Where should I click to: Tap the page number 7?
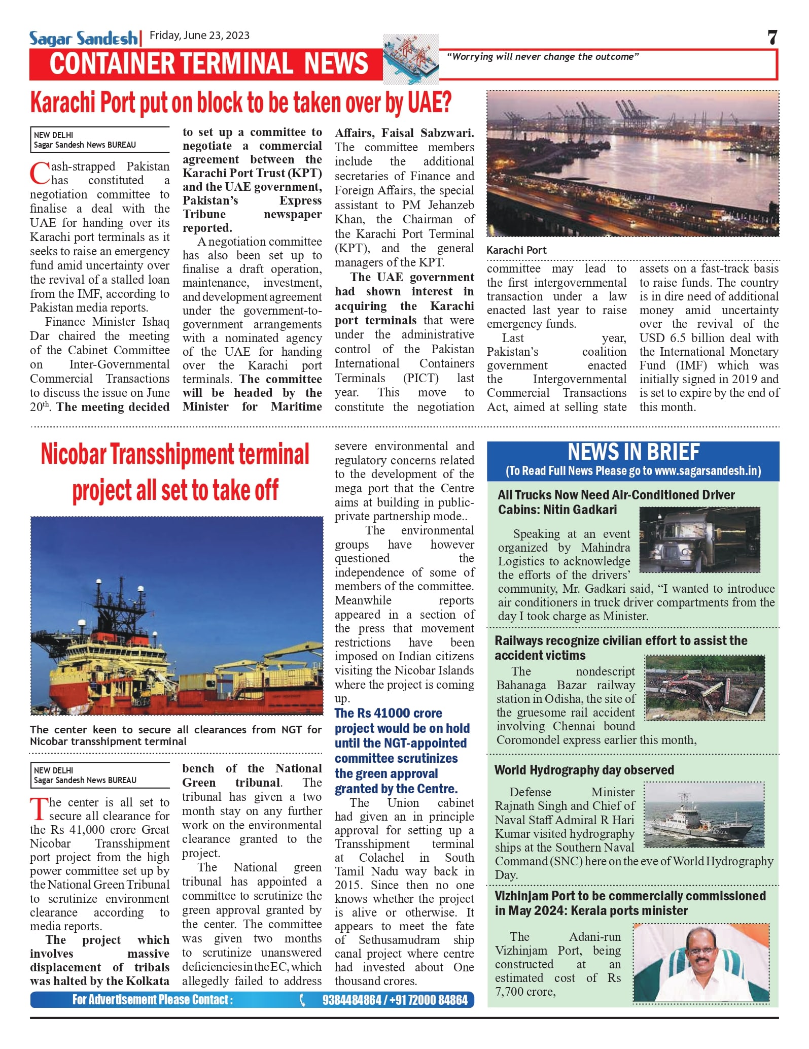click(x=772, y=38)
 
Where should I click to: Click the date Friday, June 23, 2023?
click(x=199, y=36)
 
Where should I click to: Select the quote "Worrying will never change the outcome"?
click(x=543, y=57)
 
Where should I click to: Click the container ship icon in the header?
click(x=410, y=58)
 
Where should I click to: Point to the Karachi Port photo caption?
click(x=516, y=250)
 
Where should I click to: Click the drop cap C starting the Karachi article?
click(x=40, y=174)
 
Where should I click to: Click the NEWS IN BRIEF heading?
click(x=633, y=452)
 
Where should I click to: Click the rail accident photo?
click(x=705, y=687)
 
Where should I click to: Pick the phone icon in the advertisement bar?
click(x=303, y=1000)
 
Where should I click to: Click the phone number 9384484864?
click(x=351, y=1000)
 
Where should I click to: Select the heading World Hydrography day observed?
click(x=584, y=770)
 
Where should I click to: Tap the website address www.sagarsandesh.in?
click(x=707, y=471)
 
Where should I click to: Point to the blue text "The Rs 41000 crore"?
click(x=388, y=713)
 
